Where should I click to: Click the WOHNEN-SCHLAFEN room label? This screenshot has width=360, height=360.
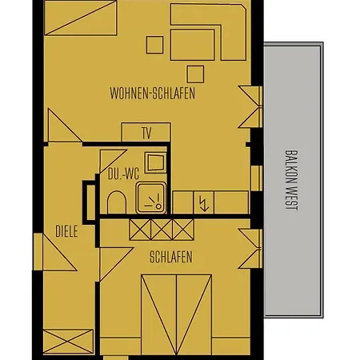pyautogui.click(x=152, y=94)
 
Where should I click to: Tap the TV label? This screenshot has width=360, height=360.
pyautogui.click(x=146, y=133)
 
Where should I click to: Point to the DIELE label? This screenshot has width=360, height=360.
pyautogui.click(x=66, y=232)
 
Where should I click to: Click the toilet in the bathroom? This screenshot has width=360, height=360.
pyautogui.click(x=116, y=202)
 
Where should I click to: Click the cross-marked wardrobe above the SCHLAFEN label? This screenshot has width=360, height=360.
pyautogui.click(x=162, y=230)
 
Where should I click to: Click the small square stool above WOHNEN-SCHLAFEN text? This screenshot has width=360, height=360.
pyautogui.click(x=194, y=74)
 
